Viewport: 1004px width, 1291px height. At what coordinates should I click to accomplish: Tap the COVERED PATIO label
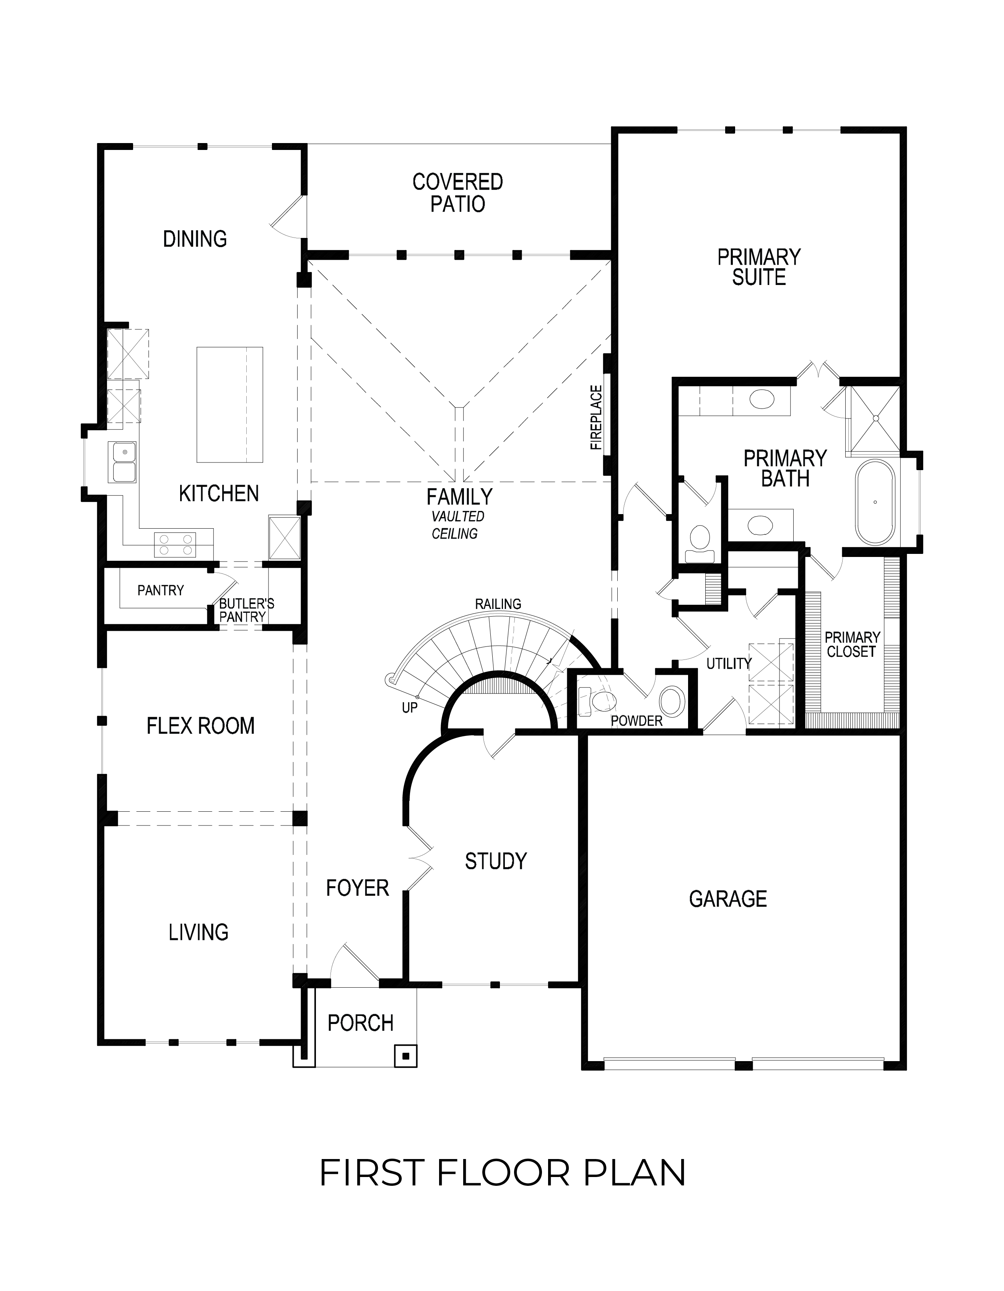(x=457, y=193)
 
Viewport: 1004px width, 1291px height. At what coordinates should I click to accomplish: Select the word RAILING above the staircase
(x=498, y=604)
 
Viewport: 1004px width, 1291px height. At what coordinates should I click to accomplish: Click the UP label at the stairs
(x=410, y=708)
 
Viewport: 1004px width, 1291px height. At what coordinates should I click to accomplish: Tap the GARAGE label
(x=727, y=899)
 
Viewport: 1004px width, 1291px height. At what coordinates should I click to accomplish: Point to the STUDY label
(x=495, y=861)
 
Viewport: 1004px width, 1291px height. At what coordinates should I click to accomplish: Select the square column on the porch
(x=405, y=1056)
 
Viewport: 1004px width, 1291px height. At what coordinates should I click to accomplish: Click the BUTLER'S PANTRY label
(x=246, y=610)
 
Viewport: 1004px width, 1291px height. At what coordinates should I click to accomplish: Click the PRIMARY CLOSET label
(x=851, y=644)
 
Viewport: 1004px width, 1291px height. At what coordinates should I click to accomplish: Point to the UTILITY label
(x=729, y=664)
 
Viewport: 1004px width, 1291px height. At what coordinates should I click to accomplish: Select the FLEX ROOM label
(x=200, y=726)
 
